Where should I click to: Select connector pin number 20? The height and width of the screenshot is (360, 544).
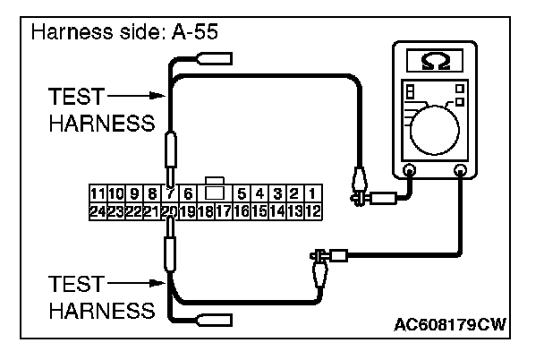[x=167, y=211]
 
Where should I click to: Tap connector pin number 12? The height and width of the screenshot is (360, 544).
[x=313, y=211]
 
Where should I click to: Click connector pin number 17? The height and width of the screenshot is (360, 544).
[x=224, y=211]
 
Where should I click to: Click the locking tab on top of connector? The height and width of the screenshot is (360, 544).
[x=214, y=187]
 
